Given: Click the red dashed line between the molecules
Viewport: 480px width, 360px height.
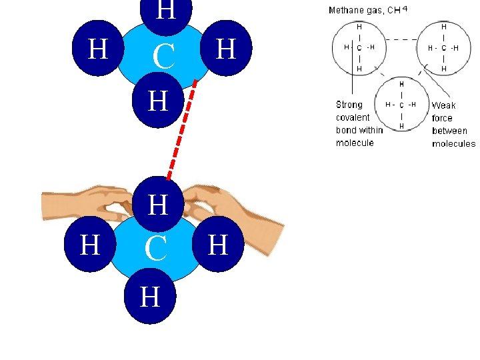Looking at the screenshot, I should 181,129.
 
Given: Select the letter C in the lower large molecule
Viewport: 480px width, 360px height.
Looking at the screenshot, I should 155,249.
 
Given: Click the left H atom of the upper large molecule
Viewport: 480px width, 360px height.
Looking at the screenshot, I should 98,49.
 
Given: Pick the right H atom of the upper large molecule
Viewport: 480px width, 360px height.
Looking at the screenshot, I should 227,49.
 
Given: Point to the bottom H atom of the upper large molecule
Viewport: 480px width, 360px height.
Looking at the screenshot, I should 157,101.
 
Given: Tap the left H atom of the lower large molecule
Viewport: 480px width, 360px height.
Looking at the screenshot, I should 89,245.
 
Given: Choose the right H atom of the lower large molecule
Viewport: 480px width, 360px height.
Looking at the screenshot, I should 218,245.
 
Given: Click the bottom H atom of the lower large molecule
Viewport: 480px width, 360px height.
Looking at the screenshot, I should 151,297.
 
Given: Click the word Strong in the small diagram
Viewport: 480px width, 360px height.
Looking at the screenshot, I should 350,105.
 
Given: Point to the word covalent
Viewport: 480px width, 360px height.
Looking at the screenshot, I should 353,117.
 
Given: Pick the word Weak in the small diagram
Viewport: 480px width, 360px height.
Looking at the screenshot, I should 443,105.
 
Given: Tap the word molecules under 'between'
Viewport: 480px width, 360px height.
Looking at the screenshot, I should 453,143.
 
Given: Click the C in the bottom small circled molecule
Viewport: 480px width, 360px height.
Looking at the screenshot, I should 401,105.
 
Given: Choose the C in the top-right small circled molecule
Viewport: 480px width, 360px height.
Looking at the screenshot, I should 444,48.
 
